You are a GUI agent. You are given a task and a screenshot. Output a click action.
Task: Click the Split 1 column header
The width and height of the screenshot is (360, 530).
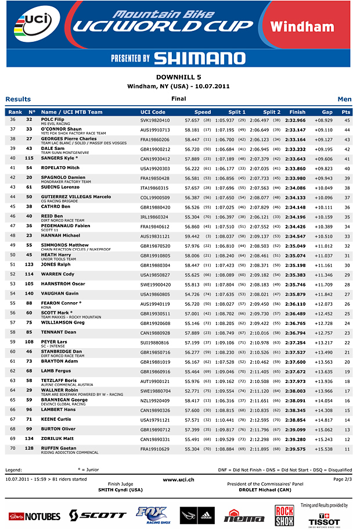(x=237, y=112)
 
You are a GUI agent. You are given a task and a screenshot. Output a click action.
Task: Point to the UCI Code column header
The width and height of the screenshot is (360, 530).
(x=153, y=112)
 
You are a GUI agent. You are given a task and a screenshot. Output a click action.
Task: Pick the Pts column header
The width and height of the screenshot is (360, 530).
(x=346, y=112)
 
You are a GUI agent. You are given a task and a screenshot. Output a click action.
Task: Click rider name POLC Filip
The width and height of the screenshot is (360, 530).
(x=52, y=119)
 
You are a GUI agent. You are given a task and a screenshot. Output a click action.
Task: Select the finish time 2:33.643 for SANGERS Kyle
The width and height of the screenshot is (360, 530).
(x=295, y=159)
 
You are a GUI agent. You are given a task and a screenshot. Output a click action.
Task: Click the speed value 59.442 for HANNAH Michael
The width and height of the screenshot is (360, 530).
(x=192, y=237)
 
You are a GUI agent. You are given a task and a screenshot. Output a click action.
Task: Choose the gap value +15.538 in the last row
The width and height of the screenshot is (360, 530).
(x=323, y=449)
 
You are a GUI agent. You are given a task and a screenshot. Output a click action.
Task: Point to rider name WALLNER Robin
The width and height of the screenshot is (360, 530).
(x=60, y=390)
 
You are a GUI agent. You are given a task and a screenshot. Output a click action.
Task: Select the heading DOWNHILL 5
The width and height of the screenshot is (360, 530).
(x=179, y=77)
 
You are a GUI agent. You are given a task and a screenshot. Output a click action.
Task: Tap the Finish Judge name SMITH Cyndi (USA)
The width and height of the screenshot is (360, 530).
(x=121, y=489)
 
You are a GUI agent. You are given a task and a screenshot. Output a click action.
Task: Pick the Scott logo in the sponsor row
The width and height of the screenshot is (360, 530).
(x=97, y=515)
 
